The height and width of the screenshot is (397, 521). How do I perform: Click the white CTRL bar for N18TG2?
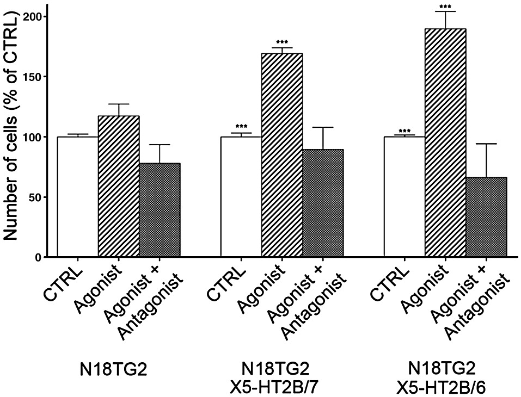[x=78, y=196]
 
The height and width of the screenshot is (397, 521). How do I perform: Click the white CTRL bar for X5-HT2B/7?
[x=241, y=196]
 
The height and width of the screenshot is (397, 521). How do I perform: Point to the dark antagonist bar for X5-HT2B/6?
[x=486, y=217]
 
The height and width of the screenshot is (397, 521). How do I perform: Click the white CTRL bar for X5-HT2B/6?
[x=404, y=196]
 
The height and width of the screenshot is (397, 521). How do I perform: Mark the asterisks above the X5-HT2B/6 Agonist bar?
[x=445, y=7]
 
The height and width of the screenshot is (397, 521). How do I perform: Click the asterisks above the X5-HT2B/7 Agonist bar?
[x=282, y=42]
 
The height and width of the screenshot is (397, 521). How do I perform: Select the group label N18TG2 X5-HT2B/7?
[x=282, y=377]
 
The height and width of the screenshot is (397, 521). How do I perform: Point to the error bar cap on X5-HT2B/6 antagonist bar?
[x=486, y=144]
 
